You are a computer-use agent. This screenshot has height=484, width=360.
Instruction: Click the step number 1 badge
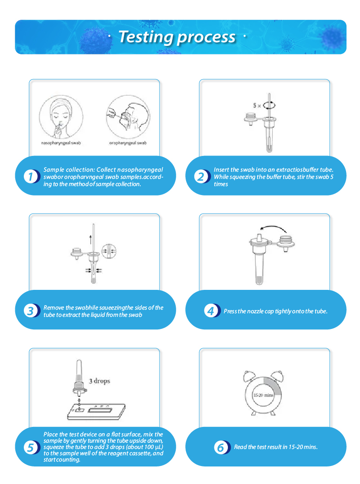coord(31,177)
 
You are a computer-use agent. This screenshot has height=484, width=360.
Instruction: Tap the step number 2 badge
coord(202,177)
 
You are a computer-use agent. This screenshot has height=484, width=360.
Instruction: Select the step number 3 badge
coord(31,311)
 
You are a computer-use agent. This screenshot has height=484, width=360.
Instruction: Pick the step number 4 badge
coord(212,311)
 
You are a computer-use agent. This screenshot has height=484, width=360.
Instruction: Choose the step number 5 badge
coord(31,447)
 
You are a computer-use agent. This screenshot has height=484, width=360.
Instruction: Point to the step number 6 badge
coord(222,447)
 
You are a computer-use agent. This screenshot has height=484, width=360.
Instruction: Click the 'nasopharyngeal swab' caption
coord(61,143)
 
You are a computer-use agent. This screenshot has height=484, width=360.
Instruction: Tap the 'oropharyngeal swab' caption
coord(128,143)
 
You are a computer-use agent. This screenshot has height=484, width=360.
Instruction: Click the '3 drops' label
coord(100,381)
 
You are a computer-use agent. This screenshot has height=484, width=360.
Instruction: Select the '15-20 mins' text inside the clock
coord(263,395)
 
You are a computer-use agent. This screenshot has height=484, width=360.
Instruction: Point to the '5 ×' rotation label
coord(257,106)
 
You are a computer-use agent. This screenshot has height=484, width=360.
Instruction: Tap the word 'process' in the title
coord(206,38)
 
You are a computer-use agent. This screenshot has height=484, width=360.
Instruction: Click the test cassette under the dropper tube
coord(96,412)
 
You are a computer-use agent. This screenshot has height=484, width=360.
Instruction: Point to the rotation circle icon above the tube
coord(269,105)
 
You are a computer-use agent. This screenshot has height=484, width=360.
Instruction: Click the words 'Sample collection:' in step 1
coord(69,170)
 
